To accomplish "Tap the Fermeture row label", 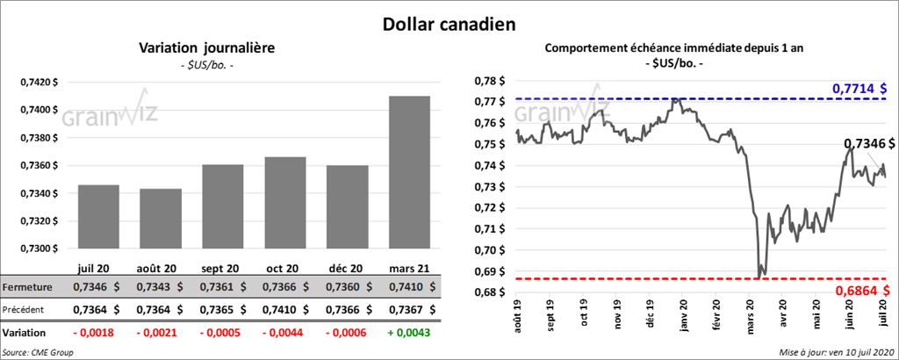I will pos(28,287).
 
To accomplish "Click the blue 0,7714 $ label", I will pos(859,89).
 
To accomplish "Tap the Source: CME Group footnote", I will pos(38,352).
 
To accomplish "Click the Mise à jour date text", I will pos(834,352).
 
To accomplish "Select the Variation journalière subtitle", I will pos(208,49).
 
